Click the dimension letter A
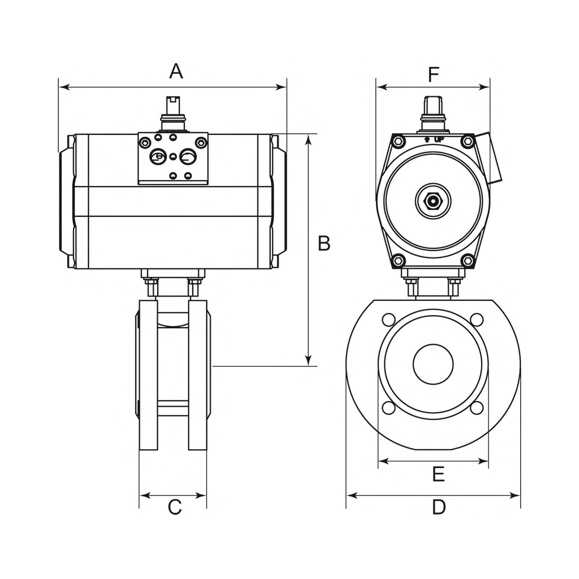click(x=176, y=71)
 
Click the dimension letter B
click(x=324, y=243)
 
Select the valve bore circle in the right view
click(x=433, y=364)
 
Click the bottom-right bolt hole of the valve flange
click(x=477, y=408)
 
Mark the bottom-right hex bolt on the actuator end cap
click(x=468, y=261)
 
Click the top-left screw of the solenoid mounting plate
click(x=145, y=142)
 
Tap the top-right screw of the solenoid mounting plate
click(x=201, y=142)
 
